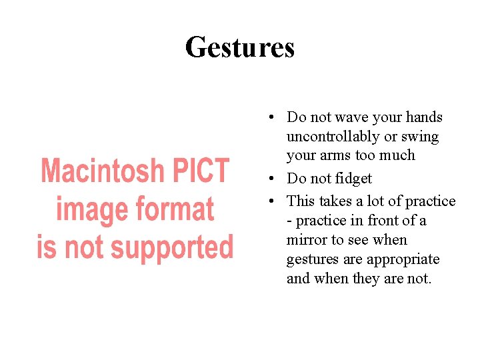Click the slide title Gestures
coord(240,47)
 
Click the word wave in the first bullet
coord(352,117)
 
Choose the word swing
coord(421,137)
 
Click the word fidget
coord(352,179)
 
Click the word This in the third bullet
coord(301,201)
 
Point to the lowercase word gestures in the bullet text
coord(311,259)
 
